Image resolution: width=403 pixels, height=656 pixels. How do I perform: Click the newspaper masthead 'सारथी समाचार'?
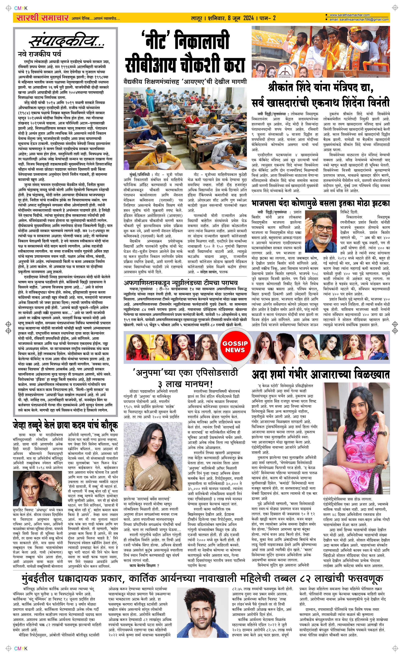(42, 18)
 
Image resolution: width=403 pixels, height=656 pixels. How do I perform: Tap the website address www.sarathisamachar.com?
(349, 15)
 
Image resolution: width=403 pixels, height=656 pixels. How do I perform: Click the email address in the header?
(359, 20)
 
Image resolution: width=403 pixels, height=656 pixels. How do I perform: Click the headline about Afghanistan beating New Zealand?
(181, 282)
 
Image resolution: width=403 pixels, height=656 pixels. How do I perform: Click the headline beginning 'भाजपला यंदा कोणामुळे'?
(320, 204)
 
